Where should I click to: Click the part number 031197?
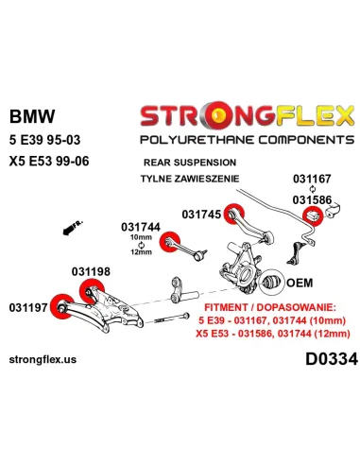pos(28,307)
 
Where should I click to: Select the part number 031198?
pos(91,271)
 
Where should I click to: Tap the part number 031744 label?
pos(141,227)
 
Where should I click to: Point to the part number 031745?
pos(201,215)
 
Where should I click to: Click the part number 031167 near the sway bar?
pos(312,179)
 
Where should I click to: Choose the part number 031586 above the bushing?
pos(312,200)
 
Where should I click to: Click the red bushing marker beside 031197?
pos(61,306)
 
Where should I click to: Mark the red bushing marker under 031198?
pos(92,291)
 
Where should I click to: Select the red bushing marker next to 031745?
pos(234,214)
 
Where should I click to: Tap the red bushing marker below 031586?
pos(313,215)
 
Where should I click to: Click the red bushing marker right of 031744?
pos(170,242)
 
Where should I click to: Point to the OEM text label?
pos(300,283)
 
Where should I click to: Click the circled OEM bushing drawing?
pos(271,283)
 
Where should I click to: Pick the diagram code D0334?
pos(332,359)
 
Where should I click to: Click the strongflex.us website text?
pos(43,359)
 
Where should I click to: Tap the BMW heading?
pos(32,116)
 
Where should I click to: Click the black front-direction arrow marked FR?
pos(73,228)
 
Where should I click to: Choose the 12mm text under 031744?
pos(141,252)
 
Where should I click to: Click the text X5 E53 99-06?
pos(49,161)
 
